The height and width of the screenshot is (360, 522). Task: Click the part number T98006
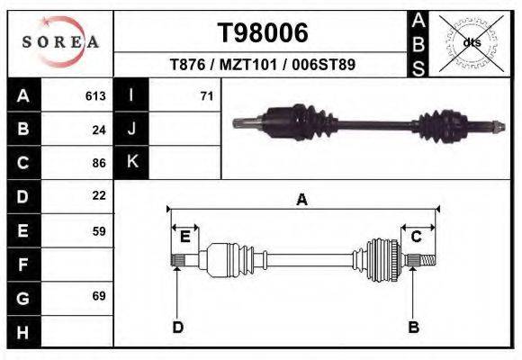263,32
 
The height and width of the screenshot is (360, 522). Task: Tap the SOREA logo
59,42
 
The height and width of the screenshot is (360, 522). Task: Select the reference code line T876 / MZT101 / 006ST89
262,66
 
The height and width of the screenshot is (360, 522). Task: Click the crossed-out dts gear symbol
471,42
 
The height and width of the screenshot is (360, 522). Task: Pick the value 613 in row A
95,95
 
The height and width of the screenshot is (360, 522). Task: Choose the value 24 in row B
99,129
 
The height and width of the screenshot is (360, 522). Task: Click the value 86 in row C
99,163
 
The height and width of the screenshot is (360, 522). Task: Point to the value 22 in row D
99,195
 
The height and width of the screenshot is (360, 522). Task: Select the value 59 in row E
99,230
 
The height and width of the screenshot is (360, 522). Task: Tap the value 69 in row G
99,295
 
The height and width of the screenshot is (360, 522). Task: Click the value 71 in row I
206,95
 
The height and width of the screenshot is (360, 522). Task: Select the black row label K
131,162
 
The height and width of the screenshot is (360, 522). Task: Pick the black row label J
131,129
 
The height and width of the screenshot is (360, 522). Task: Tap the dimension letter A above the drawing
302,200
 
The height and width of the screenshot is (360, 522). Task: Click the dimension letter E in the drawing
184,237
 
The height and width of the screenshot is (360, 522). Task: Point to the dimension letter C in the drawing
417,237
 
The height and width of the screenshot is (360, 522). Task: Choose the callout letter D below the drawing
177,327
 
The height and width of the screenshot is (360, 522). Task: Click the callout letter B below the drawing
413,327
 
